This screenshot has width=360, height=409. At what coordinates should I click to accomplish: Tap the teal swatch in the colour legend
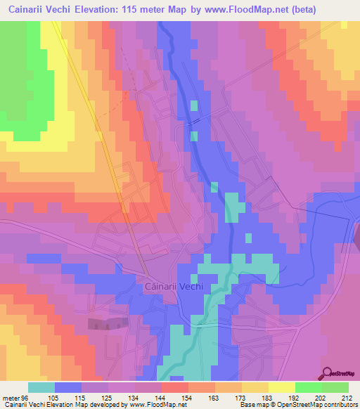click(x=41, y=387)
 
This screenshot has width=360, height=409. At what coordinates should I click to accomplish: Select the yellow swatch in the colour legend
click(x=281, y=387)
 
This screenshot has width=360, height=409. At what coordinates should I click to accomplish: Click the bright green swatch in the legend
click(x=308, y=387)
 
